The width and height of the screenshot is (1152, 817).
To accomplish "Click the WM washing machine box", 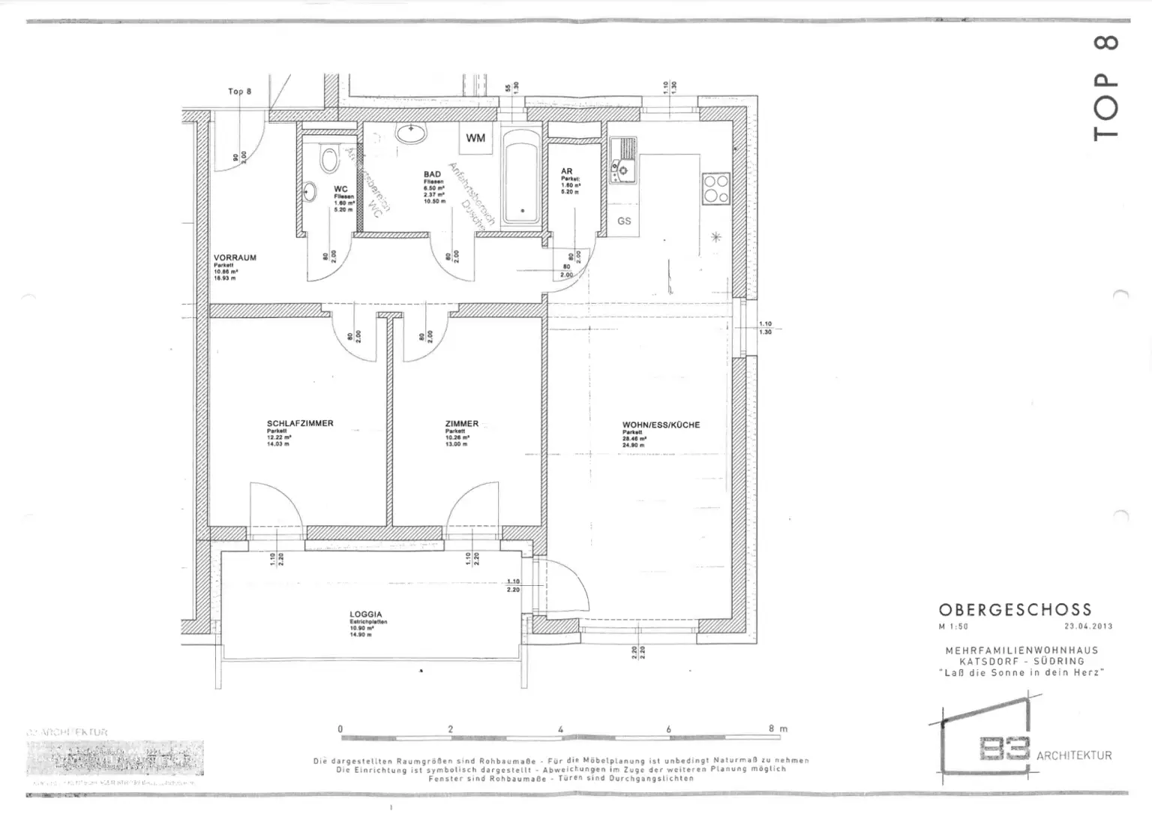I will click(x=475, y=138).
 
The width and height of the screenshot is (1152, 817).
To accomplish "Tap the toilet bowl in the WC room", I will click(x=328, y=158).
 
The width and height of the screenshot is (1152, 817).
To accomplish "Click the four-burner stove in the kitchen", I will click(x=715, y=189).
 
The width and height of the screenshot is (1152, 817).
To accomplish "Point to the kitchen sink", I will click(x=623, y=159).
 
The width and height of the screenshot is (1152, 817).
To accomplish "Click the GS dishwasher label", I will click(x=624, y=221).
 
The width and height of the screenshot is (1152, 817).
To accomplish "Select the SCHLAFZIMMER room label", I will click(x=300, y=423).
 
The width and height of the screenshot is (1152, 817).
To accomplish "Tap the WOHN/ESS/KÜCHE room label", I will click(x=661, y=425).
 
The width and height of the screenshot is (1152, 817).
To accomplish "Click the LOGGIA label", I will click(x=366, y=614).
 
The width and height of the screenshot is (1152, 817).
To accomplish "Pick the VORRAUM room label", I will click(x=235, y=257).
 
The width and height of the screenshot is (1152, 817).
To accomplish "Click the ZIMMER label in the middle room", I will click(x=461, y=424).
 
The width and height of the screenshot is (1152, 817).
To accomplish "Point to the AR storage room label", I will click(x=566, y=172).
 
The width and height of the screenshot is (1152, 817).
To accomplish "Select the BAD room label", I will click(x=432, y=174).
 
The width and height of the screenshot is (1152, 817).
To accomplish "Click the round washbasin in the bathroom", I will click(x=411, y=134).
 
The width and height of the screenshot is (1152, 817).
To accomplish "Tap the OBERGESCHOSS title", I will click(x=1015, y=610).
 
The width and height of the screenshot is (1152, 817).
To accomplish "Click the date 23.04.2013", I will click(x=1088, y=626).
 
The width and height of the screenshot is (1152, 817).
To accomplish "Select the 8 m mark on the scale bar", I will click(x=777, y=728).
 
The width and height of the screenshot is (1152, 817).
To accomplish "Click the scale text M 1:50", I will click(x=953, y=626).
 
